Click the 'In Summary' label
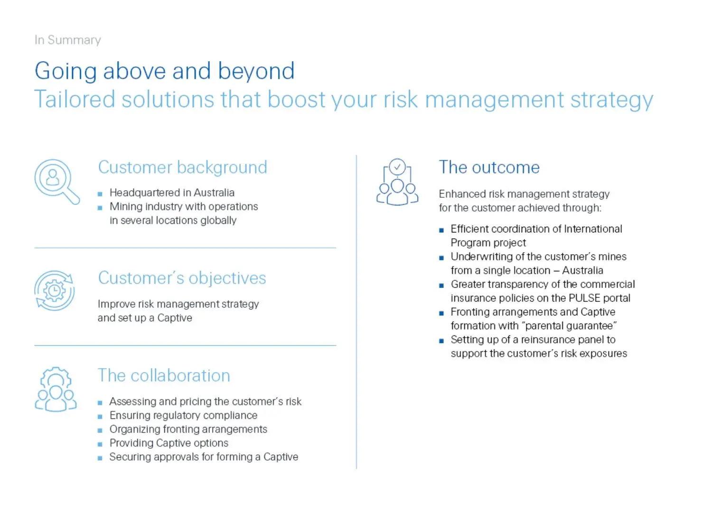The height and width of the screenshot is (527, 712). coord(67,40)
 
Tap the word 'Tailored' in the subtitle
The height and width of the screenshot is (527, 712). coord(75,100)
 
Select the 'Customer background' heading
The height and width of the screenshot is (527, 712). coord(182,167)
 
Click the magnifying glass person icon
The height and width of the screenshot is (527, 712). coord(56,181)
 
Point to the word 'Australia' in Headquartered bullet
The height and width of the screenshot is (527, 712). coord(214,193)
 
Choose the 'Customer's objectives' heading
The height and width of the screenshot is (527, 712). coord(182,278)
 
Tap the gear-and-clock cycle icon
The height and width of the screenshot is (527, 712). coord(55,291)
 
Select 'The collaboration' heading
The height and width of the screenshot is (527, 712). coord(164,376)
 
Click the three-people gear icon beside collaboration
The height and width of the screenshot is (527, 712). coord(56,389)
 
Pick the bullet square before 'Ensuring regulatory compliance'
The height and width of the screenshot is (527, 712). coord(100,416)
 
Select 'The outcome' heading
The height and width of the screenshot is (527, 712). coord(489,167)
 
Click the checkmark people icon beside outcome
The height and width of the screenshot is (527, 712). coord(397,182)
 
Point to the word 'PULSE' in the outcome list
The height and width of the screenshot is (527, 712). coord(584,298)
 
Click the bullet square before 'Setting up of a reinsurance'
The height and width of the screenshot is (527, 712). coord(441,341)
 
